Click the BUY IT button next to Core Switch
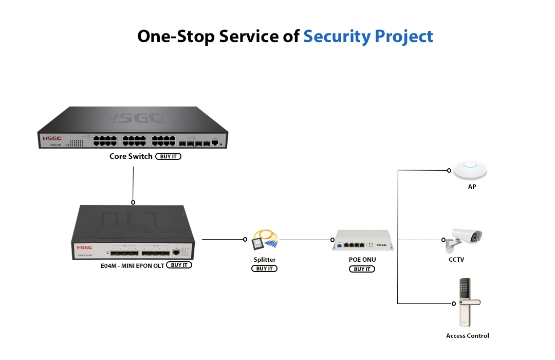tap(168, 156)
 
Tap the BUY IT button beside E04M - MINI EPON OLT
tap(179, 265)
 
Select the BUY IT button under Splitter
tap(264, 269)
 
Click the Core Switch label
tap(131, 156)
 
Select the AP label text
tap(472, 187)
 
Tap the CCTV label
tap(456, 260)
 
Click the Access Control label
tap(467, 336)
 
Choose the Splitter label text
tap(264, 260)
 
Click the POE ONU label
tap(362, 260)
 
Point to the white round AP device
tap(470, 169)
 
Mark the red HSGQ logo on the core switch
tap(52, 138)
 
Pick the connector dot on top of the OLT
tap(133, 202)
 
